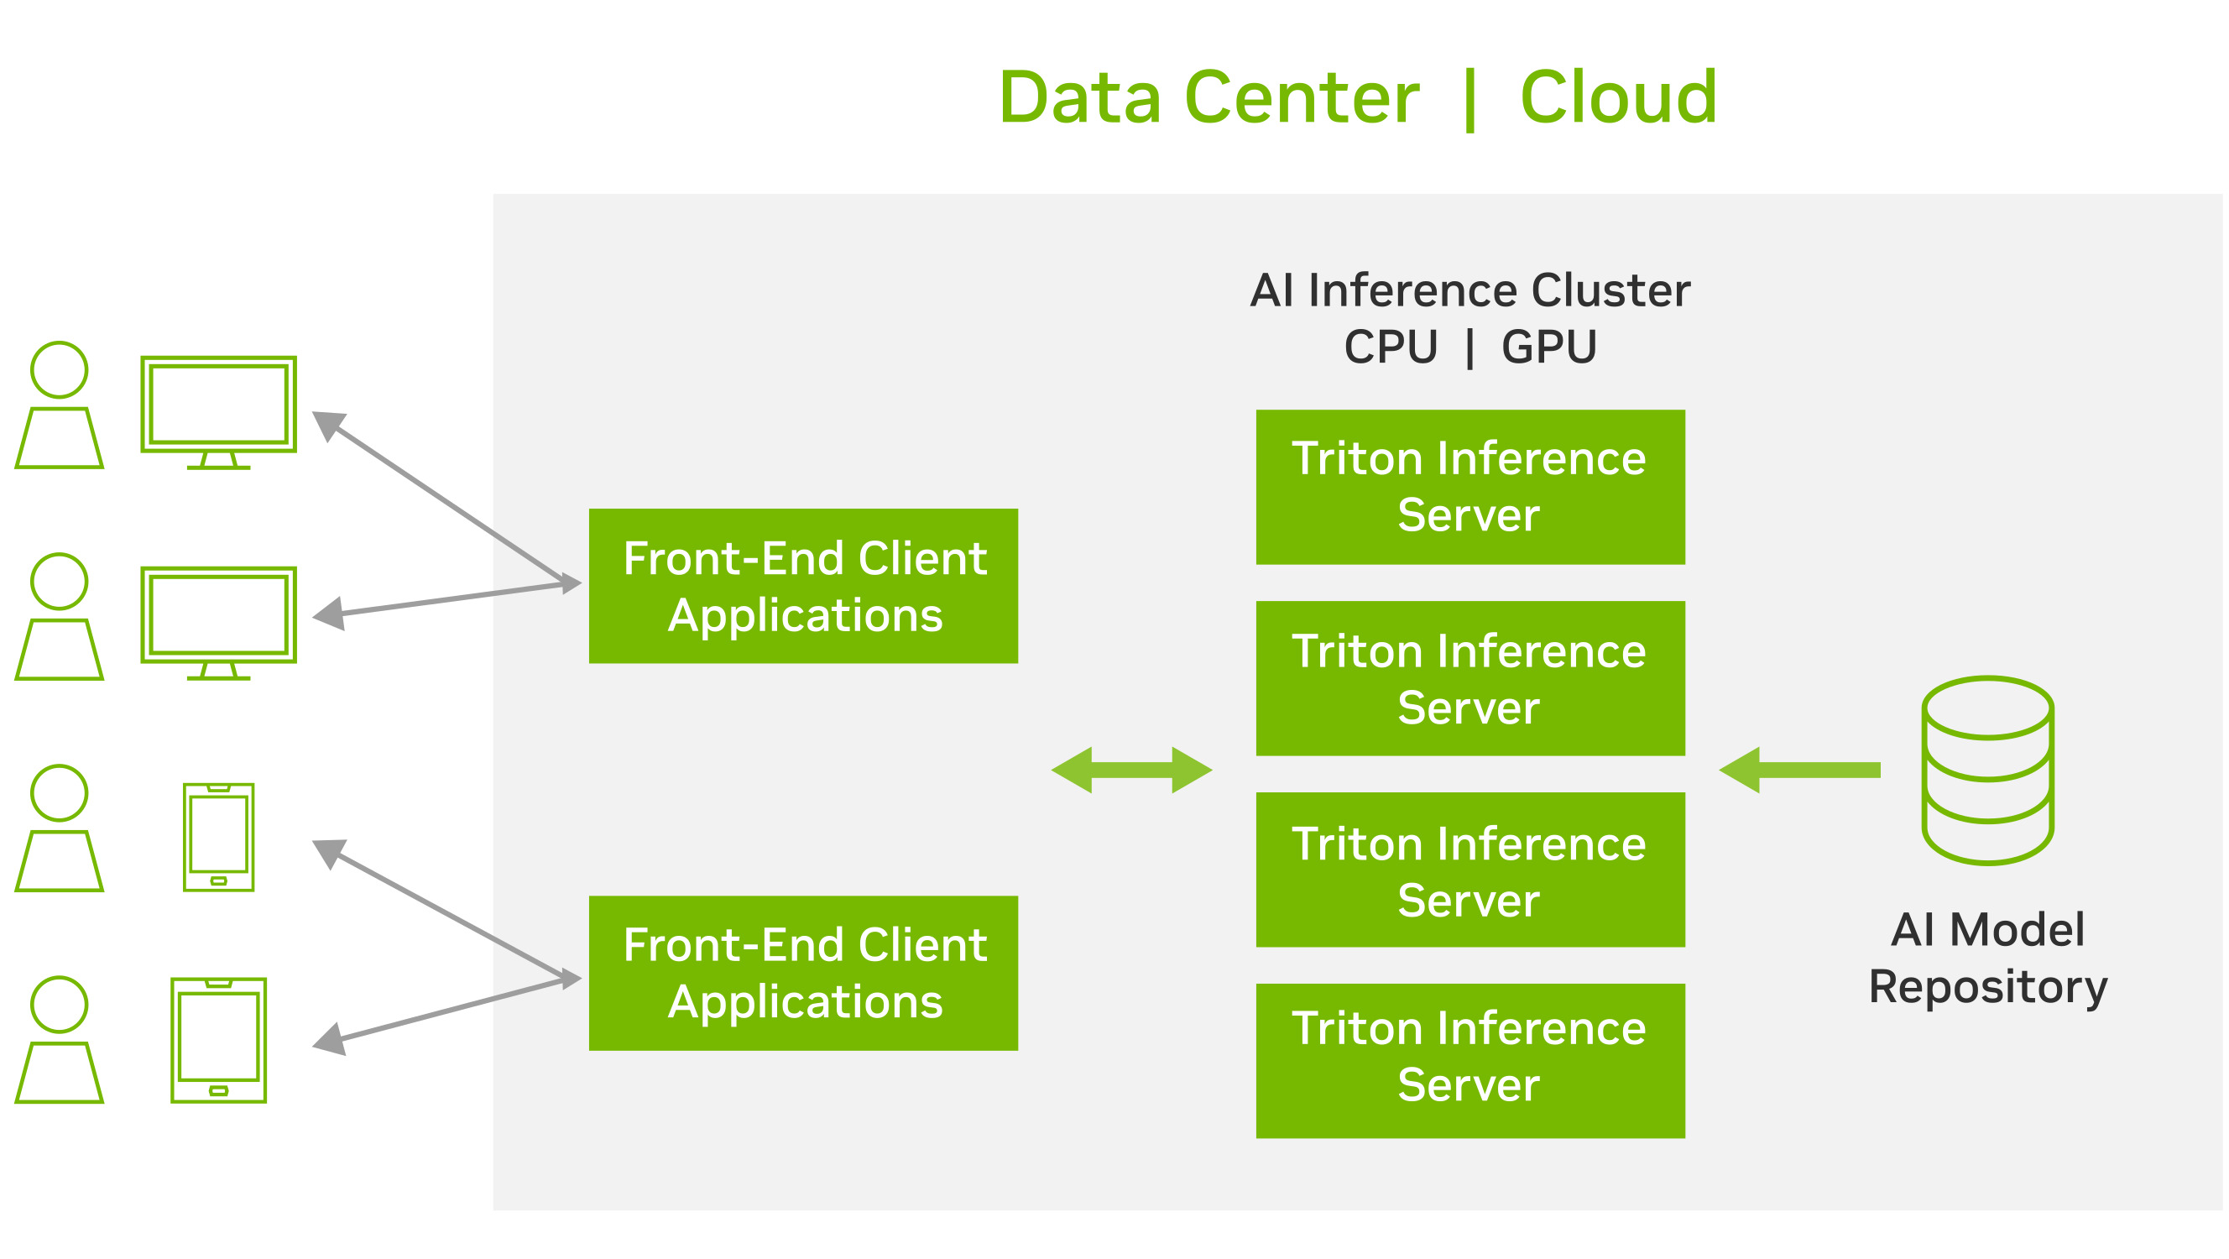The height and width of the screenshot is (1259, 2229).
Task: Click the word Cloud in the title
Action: point(1618,97)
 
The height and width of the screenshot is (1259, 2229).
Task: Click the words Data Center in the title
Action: point(1208,97)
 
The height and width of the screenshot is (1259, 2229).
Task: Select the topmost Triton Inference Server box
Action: point(1470,487)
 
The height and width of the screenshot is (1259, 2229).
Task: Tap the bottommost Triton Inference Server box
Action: point(1470,1060)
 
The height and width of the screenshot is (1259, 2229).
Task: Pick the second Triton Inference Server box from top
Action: point(1470,678)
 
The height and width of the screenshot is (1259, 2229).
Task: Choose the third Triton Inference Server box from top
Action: point(1470,870)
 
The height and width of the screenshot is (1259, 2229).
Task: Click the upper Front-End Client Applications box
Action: point(803,586)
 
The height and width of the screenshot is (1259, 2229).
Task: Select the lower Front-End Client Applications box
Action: point(803,973)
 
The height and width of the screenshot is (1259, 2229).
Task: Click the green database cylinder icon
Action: point(1987,771)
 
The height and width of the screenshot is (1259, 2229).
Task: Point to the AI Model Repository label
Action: point(1987,958)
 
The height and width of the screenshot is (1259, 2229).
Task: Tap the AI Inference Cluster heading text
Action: point(1469,290)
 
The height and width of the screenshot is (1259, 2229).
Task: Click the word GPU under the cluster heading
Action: point(1549,347)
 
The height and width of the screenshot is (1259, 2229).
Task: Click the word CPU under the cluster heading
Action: point(1391,347)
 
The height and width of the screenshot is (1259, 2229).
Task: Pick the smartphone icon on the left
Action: point(219,837)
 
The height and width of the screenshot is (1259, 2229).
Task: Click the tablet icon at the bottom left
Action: point(219,1040)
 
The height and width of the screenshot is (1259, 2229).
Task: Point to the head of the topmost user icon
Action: point(59,369)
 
